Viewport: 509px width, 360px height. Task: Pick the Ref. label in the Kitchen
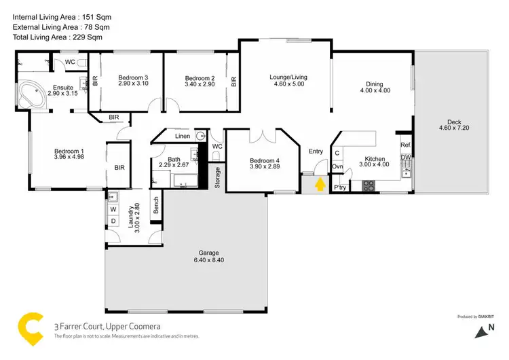tap(405, 145)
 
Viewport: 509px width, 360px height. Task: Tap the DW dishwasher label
tap(405, 158)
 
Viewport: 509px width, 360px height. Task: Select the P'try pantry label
tap(339, 187)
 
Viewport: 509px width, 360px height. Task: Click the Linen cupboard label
tap(183, 137)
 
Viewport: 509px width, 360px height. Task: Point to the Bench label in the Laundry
tap(156, 206)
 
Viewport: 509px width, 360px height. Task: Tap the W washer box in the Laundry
tap(113, 210)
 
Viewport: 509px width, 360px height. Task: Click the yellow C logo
tap(31, 327)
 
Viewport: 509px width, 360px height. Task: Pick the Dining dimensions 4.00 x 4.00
tap(375, 90)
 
